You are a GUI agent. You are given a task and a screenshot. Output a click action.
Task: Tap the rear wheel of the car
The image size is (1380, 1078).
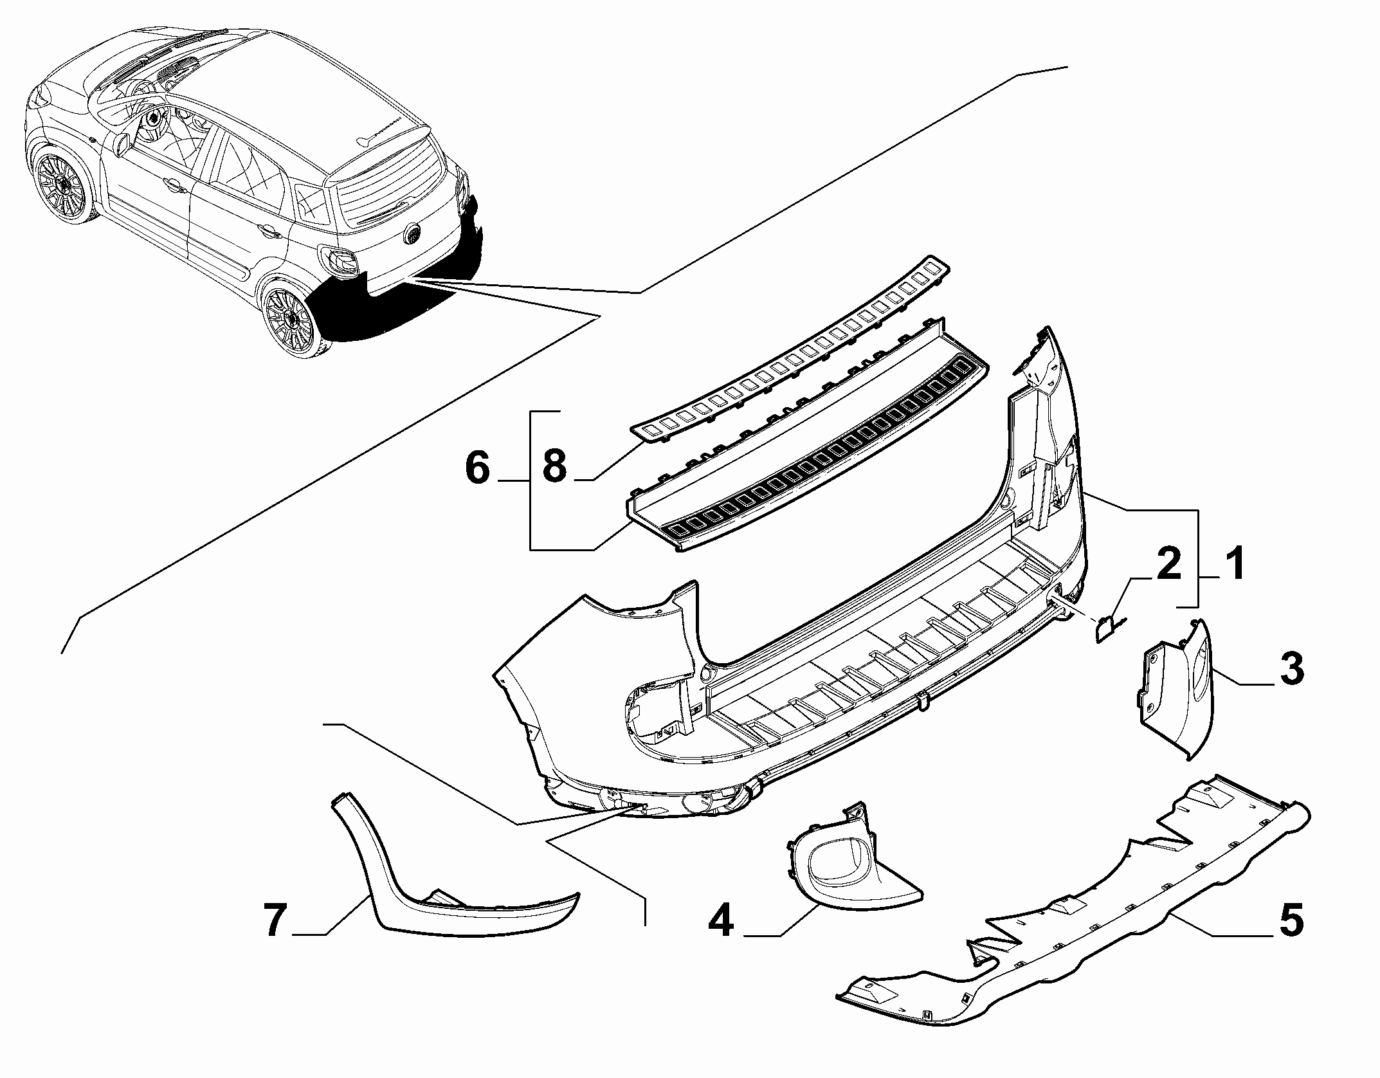click(293, 317)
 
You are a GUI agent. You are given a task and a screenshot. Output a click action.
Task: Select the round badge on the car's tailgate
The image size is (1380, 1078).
click(412, 233)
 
